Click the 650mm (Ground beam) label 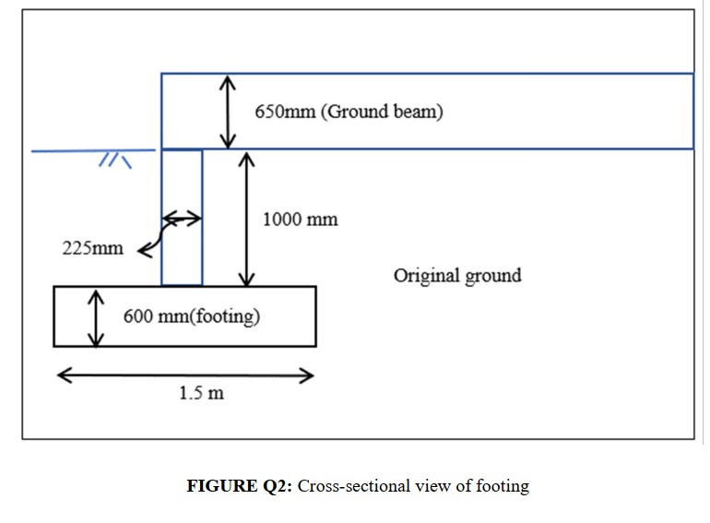click(349, 113)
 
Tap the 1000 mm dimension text click(300, 220)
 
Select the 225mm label click(92, 248)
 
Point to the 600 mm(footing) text click(192, 317)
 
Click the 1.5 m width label click(201, 393)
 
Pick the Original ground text click(457, 275)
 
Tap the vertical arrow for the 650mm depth click(228, 112)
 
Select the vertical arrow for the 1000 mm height click(246, 219)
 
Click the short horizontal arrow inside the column click(182, 219)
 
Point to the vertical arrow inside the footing click(95, 317)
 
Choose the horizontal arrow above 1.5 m click(185, 375)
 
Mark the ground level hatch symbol click(115, 160)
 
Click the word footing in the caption click(504, 486)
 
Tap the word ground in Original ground click(494, 275)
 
